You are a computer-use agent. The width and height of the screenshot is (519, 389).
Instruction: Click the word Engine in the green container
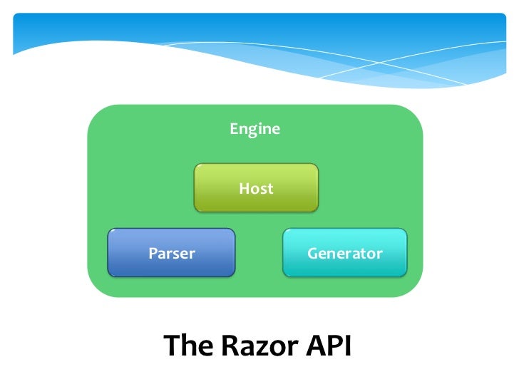255,130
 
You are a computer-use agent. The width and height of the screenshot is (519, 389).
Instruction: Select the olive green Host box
256,189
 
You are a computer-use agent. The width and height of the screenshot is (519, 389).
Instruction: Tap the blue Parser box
171,253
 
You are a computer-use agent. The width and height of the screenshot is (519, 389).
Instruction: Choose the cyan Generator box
344,253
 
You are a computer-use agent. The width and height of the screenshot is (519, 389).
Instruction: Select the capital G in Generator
312,253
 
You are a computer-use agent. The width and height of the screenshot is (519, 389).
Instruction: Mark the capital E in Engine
233,130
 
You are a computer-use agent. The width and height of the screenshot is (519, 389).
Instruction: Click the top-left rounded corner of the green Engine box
96,114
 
